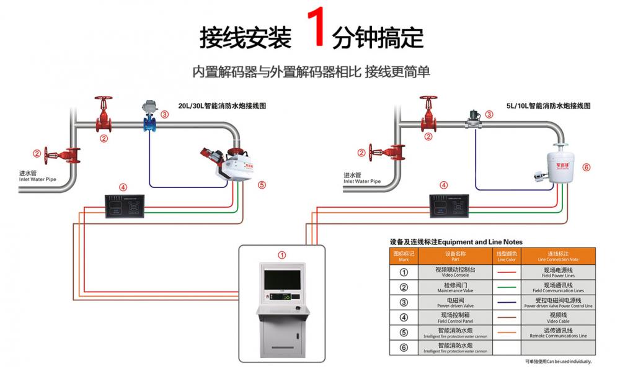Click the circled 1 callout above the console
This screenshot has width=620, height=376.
(x=282, y=254)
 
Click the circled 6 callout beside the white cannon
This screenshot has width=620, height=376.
(x=587, y=167)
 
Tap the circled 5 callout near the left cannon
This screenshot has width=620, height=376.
(x=261, y=184)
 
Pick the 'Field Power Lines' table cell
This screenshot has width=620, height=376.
(x=558, y=272)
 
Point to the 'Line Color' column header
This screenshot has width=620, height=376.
(x=507, y=256)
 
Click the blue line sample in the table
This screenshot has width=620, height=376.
(x=507, y=302)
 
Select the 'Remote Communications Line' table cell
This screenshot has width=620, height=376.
(x=558, y=333)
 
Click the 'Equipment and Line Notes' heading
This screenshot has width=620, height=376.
(x=456, y=242)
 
